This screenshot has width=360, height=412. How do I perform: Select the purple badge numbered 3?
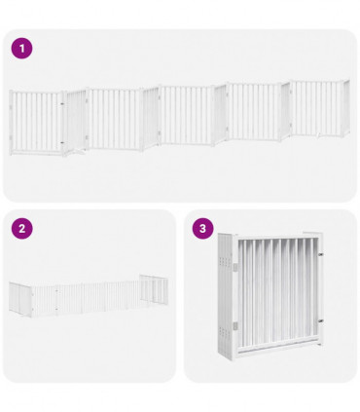pos(202,229)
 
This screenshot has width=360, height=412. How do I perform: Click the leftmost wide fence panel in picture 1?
pos(36,122)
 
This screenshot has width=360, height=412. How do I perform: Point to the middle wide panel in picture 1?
pos(185,115)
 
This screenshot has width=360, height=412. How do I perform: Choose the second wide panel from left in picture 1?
pos(114,119)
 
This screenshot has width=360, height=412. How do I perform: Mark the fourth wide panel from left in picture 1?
pos(255,111)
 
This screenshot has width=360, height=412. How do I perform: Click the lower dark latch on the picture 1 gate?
pos(64,144)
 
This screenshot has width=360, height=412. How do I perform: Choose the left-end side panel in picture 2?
pos(19,296)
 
